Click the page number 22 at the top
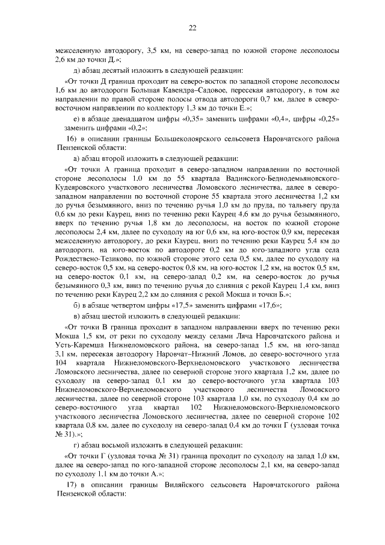pyautogui.click(x=192, y=27)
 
